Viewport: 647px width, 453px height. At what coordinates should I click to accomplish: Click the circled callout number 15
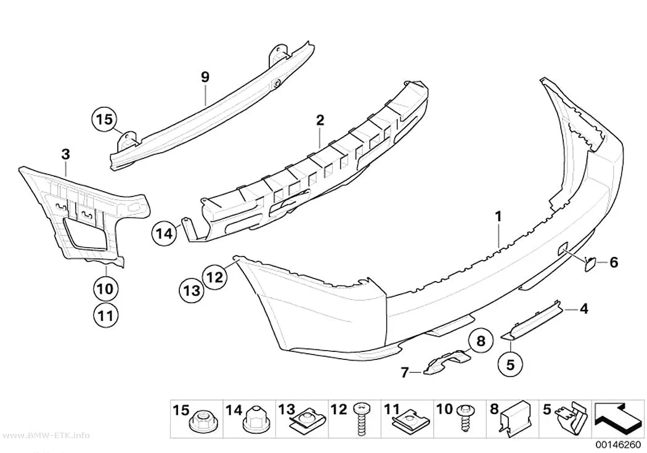pos(104,119)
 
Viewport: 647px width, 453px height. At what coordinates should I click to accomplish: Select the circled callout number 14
pos(165,234)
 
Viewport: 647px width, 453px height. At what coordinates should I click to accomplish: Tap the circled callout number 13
pos(192,291)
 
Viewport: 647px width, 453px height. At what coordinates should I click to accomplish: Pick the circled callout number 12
pos(214,276)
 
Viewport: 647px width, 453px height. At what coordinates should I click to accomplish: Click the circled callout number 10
pos(105,288)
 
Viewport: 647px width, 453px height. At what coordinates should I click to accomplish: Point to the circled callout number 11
pos(105,316)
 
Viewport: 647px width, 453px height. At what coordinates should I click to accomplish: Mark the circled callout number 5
pos(510,364)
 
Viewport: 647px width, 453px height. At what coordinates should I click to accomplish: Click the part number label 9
pos(205,77)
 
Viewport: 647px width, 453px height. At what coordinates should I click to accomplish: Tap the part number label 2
pos(320,120)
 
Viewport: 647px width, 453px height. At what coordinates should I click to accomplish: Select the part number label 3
pos(65,155)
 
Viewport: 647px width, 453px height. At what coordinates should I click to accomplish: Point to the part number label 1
pos(498,216)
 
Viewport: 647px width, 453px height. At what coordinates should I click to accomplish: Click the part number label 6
pos(614,262)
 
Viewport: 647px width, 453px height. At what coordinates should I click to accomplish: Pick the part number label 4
pos(584,309)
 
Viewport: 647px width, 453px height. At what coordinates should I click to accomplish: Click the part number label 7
pos(405,372)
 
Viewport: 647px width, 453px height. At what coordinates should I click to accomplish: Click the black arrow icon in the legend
pos(617,418)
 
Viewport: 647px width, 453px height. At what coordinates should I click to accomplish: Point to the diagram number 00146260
pos(617,445)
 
